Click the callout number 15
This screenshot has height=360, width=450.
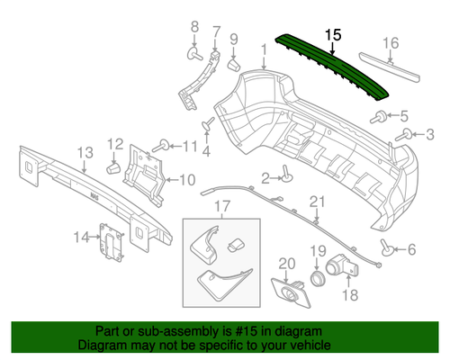point(334,34)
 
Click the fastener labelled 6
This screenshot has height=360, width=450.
point(386,249)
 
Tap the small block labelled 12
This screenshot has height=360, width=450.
point(113,166)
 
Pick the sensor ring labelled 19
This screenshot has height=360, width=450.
point(319,276)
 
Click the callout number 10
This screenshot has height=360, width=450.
point(186,179)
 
